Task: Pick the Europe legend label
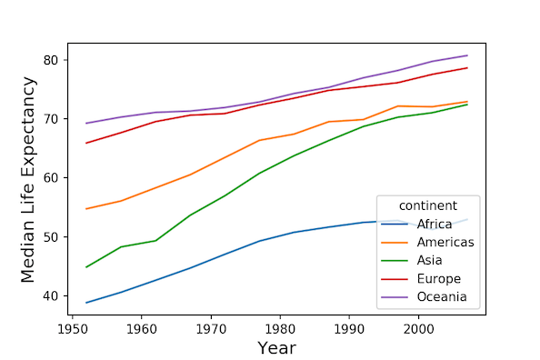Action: tap(439, 278)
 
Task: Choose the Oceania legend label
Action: tap(443, 296)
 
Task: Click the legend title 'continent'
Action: tap(426, 205)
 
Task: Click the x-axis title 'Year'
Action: tap(276, 347)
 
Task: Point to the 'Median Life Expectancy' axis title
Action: tap(28, 179)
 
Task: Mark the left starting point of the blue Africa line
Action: tap(86, 303)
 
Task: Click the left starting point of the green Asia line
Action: tap(86, 267)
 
